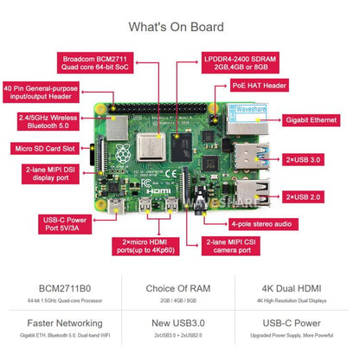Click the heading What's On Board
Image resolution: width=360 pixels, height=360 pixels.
(x=179, y=26)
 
